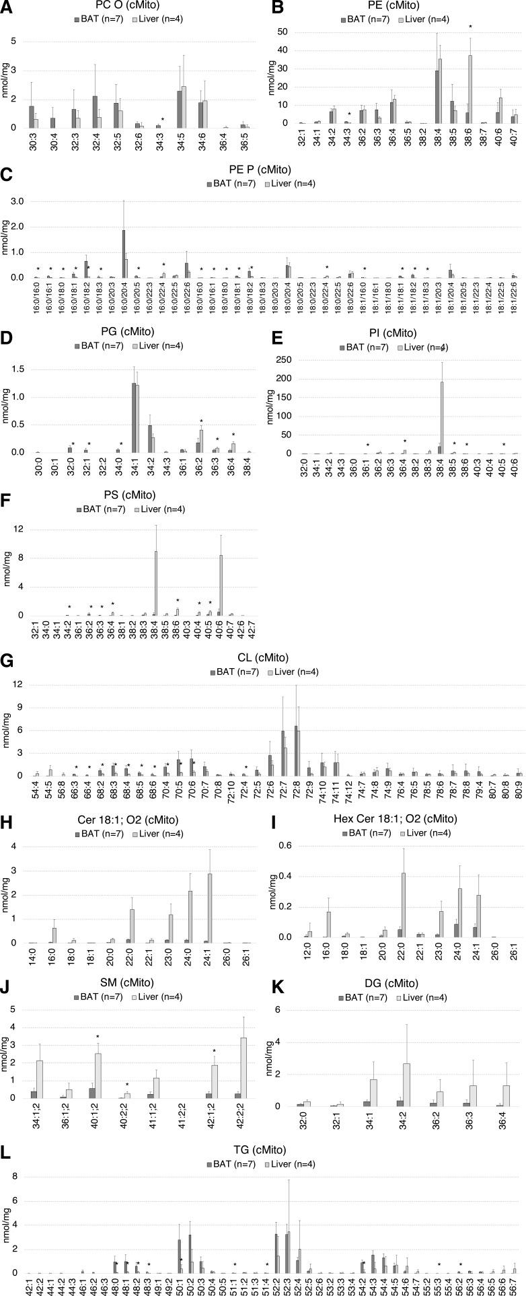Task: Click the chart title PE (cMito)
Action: tap(399, 5)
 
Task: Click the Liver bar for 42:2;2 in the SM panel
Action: tap(244, 1063)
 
